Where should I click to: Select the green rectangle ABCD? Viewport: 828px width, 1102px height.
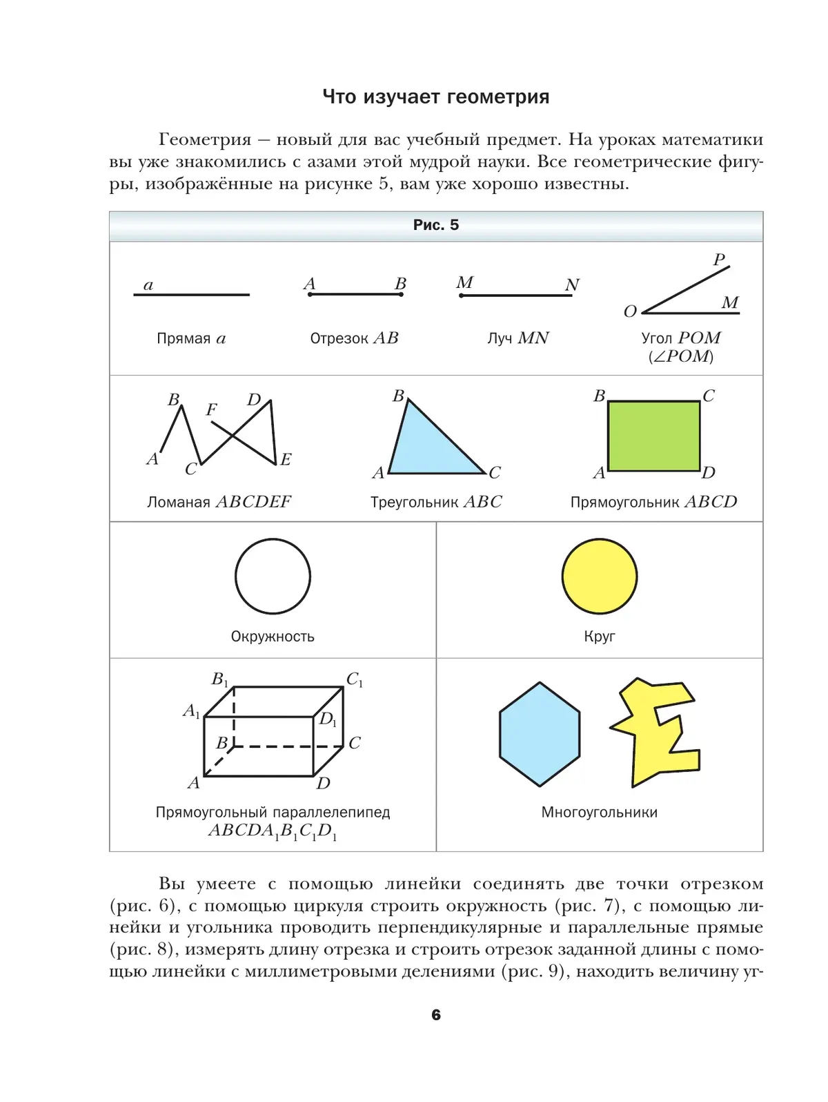[x=653, y=436]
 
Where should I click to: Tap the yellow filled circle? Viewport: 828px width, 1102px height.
[x=599, y=576]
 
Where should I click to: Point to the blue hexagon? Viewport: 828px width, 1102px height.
[x=540, y=734]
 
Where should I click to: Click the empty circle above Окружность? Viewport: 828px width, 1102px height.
[x=273, y=576]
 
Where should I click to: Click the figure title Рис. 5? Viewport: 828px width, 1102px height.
[x=435, y=225]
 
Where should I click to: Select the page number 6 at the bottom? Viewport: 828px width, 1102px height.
[x=435, y=1014]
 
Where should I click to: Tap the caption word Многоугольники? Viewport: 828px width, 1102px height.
[x=599, y=812]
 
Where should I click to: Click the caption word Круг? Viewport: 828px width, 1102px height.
[x=599, y=636]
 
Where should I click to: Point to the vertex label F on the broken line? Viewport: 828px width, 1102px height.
[x=211, y=410]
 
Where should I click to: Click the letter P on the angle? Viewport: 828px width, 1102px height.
[x=719, y=260]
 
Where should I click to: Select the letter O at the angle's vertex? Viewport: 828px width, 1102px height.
[x=629, y=312]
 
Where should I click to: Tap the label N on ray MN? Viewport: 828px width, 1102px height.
[x=572, y=285]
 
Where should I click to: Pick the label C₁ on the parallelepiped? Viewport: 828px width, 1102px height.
[x=354, y=679]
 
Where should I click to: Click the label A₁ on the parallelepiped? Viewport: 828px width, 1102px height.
[x=191, y=710]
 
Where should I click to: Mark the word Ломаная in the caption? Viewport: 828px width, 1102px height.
[x=178, y=502]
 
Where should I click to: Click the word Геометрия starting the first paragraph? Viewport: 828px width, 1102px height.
[x=205, y=139]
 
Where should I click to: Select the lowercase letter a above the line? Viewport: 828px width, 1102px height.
[x=148, y=285]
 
